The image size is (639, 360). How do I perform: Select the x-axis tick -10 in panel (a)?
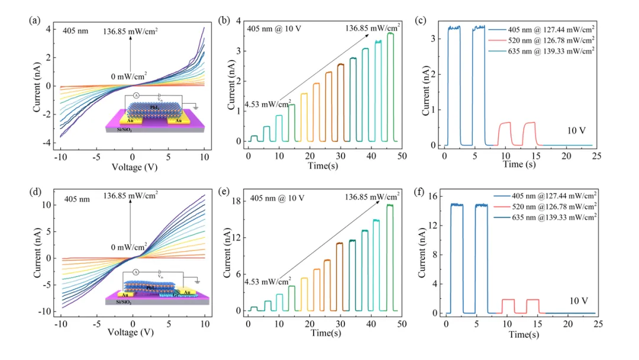click(x=60, y=156)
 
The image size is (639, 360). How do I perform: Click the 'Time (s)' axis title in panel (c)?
click(x=519, y=164)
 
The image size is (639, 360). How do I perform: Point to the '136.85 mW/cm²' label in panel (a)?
click(x=130, y=32)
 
